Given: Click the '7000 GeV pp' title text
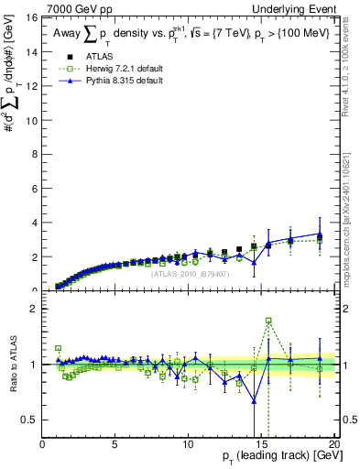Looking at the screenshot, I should (78, 9).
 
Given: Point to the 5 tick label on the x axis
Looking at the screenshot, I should (115, 444).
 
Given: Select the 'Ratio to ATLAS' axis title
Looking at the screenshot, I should (13, 365).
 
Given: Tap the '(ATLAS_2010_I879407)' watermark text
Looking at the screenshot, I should (188, 273).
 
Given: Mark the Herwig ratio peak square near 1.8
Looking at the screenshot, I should (268, 321).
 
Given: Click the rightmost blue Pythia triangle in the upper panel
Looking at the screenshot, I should (320, 235).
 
